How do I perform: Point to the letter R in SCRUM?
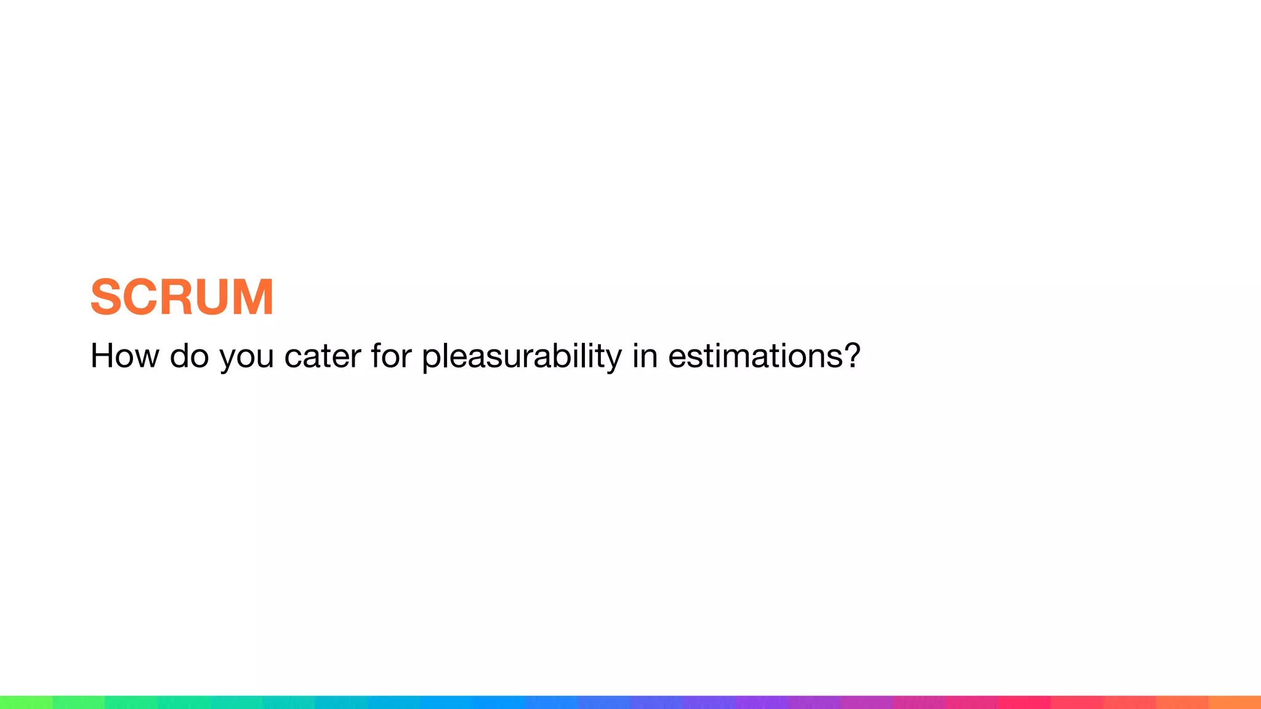pos(179,297)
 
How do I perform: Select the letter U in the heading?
pos(215,297)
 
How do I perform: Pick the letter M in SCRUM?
pos(254,297)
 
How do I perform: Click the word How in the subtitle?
pos(124,356)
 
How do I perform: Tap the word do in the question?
pos(189,356)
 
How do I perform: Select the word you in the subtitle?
pos(246,358)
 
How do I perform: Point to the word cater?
pos(322,357)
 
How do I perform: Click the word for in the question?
pos(390,356)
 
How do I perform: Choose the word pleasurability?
pos(522,357)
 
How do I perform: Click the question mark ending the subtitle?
pos(852,356)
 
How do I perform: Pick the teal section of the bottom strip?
pos(289,702)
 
